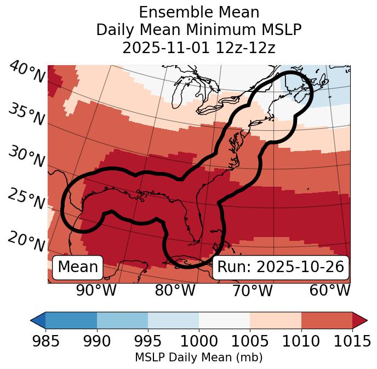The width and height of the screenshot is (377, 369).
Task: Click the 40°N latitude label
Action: click(x=27, y=72)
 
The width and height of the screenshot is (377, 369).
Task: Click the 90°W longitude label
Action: click(x=96, y=290)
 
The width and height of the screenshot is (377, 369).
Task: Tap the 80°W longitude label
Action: click(x=175, y=290)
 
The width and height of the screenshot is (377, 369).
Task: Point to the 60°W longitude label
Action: click(x=330, y=290)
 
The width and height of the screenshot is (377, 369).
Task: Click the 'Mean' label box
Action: click(x=78, y=267)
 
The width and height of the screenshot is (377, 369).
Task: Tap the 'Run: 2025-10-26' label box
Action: click(x=281, y=267)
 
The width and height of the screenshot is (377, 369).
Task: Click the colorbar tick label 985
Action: click(x=45, y=342)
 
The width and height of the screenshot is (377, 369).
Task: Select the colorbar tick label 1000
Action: click(x=199, y=342)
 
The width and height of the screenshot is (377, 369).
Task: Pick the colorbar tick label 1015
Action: click(x=352, y=342)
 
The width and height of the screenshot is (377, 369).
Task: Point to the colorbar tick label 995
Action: click(x=148, y=342)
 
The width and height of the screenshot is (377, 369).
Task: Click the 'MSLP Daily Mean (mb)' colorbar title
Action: click(x=198, y=358)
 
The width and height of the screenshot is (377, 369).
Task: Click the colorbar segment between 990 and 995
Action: click(x=122, y=320)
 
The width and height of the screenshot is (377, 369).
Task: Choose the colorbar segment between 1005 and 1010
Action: click(x=275, y=320)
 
